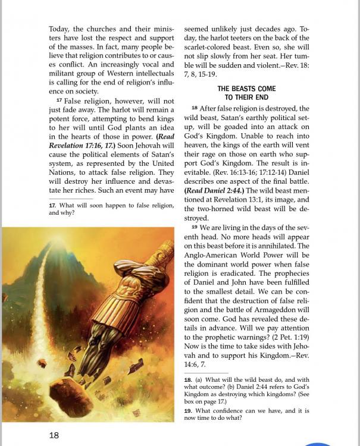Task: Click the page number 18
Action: coord(54,435)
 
